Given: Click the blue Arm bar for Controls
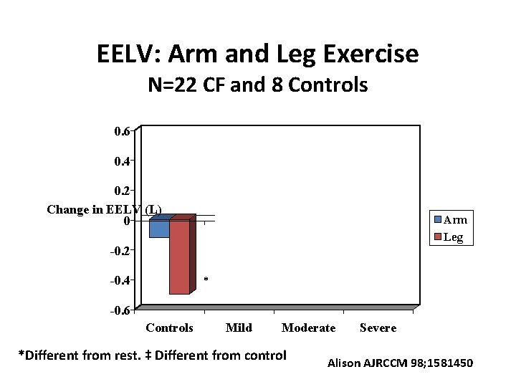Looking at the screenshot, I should click(159, 229).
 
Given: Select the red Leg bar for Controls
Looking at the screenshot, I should click(179, 257).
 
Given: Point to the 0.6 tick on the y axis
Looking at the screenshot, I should click(123, 131).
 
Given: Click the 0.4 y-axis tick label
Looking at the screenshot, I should click(123, 161).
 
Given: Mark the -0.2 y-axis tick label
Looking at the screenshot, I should click(120, 251).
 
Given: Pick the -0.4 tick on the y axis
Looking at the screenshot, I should click(120, 281).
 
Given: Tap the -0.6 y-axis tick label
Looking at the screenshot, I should click(120, 311).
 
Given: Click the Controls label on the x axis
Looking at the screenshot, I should click(169, 328).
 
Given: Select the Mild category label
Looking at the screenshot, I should click(239, 328).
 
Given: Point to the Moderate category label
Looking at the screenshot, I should click(308, 328).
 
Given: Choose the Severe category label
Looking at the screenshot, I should click(378, 328).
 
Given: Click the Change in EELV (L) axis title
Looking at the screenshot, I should click(105, 209).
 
